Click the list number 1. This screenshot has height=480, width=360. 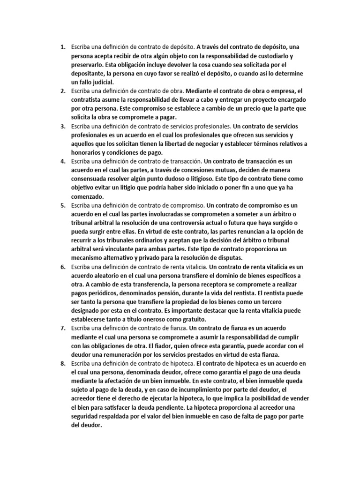pos(62,47)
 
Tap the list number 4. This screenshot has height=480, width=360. pos(62,162)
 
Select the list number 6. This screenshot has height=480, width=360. pos(62,267)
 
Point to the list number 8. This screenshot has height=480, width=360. pos(62,363)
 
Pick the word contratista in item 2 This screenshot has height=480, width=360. pos(87,100)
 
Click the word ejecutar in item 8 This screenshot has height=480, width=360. pos(153,398)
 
